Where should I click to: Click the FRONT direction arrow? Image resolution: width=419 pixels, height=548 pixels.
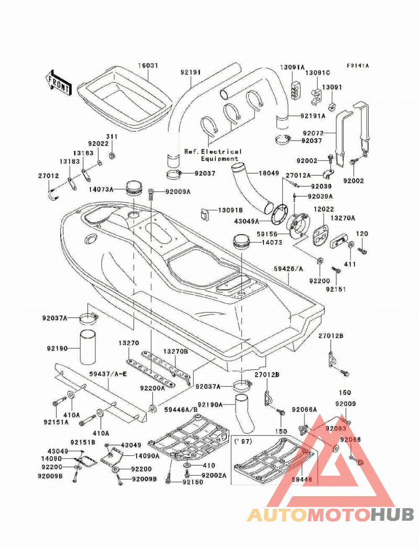(58, 83)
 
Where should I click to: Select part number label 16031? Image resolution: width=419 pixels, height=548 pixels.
(148, 65)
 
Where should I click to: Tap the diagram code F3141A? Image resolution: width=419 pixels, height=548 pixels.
(358, 65)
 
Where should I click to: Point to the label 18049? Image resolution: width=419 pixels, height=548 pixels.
(269, 173)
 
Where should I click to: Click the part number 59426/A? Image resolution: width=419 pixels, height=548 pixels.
(288, 269)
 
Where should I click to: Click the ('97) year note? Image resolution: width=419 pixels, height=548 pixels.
(243, 442)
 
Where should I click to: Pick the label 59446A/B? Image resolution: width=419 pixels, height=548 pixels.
(181, 409)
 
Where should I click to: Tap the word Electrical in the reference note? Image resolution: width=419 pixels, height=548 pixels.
(221, 152)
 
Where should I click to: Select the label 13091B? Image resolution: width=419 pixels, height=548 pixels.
(230, 211)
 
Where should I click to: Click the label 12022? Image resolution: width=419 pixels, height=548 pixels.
(324, 209)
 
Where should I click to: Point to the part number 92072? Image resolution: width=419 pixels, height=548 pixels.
(313, 133)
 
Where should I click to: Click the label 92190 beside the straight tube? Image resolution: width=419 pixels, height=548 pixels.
(57, 348)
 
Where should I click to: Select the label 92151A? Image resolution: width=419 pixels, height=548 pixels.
(56, 422)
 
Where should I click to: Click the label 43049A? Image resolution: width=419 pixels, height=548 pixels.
(246, 221)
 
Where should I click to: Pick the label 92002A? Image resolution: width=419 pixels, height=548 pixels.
(214, 475)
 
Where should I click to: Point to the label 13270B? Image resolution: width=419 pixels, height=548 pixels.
(175, 351)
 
